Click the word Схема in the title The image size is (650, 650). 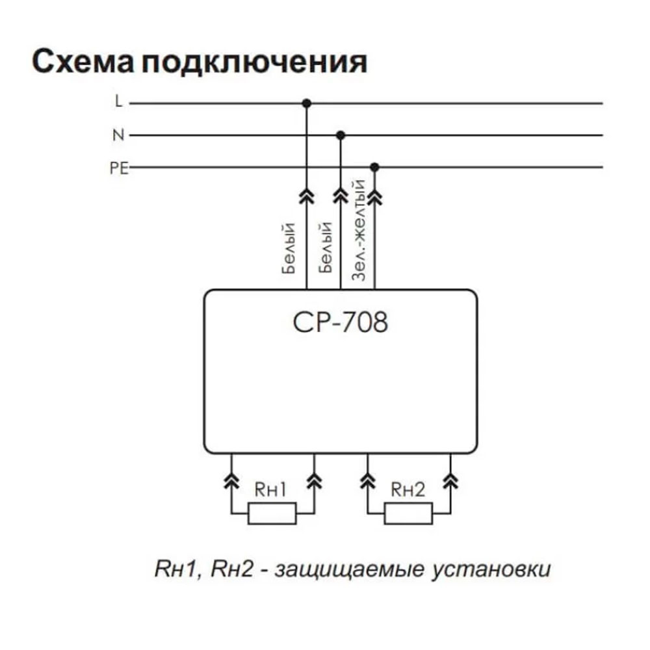83,63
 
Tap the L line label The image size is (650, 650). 118,102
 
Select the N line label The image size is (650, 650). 118,135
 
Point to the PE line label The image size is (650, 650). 119,168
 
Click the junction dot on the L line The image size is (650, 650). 307,103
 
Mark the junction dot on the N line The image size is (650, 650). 340,135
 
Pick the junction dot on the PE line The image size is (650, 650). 374,168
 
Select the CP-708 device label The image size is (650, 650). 341,322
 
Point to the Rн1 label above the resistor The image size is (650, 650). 270,490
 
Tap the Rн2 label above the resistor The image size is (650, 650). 408,490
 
